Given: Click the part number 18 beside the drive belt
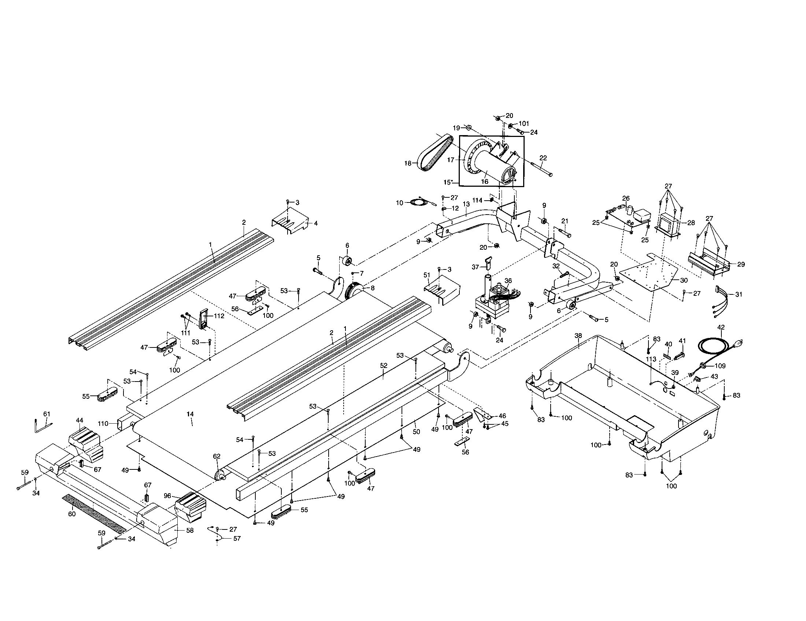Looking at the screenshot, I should pyautogui.click(x=407, y=163).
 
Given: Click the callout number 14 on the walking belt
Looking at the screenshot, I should pyautogui.click(x=190, y=414).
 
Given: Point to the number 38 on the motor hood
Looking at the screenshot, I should pyautogui.click(x=578, y=335).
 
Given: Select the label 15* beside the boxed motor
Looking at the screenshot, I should pyautogui.click(x=448, y=182).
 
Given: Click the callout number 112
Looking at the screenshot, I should pyautogui.click(x=219, y=316).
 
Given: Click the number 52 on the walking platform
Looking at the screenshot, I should pyautogui.click(x=384, y=365).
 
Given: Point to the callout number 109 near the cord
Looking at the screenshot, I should pyautogui.click(x=720, y=366).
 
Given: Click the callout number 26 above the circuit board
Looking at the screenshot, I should pyautogui.click(x=626, y=198).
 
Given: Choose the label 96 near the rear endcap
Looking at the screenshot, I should pyautogui.click(x=167, y=496).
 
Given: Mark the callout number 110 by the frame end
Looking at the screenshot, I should pyautogui.click(x=104, y=424).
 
